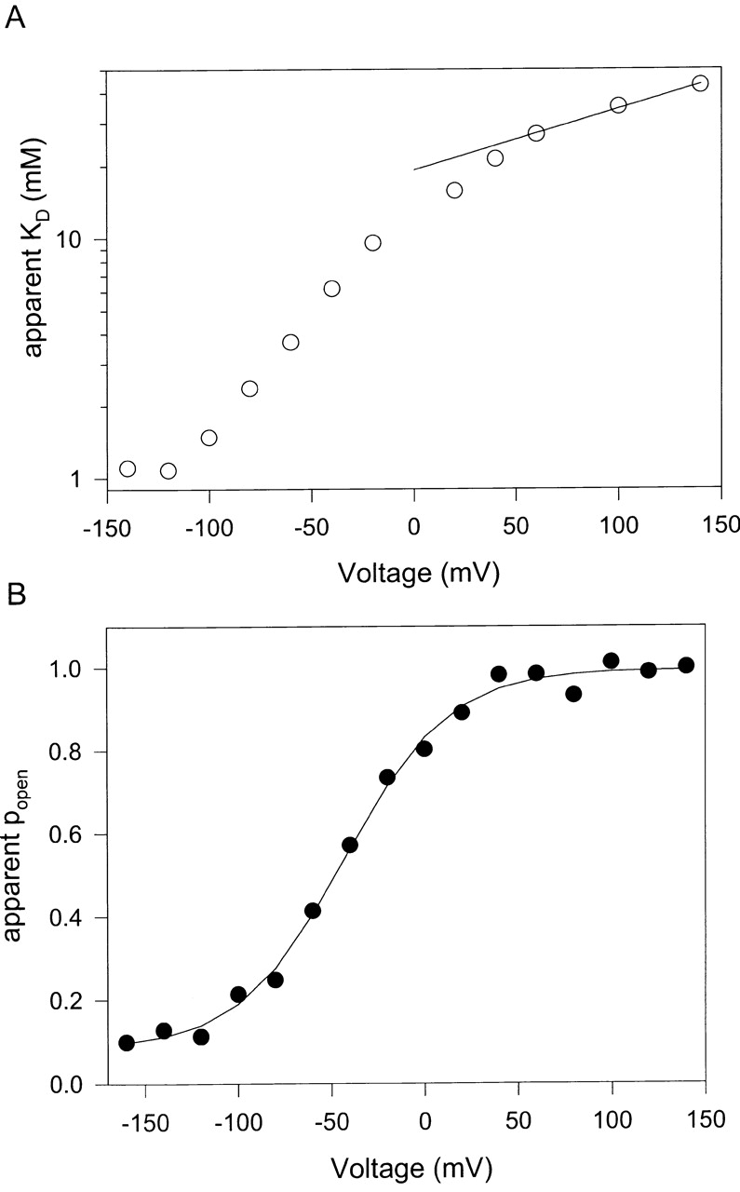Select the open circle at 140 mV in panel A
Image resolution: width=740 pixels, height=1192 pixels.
(x=700, y=84)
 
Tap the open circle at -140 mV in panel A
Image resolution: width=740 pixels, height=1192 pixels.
(x=128, y=468)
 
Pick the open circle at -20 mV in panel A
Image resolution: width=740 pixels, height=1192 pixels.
(x=372, y=243)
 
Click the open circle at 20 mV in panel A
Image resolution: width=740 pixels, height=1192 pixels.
(x=454, y=190)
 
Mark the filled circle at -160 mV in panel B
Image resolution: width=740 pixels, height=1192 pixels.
(x=127, y=1043)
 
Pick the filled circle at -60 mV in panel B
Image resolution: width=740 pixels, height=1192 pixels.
(x=313, y=911)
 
